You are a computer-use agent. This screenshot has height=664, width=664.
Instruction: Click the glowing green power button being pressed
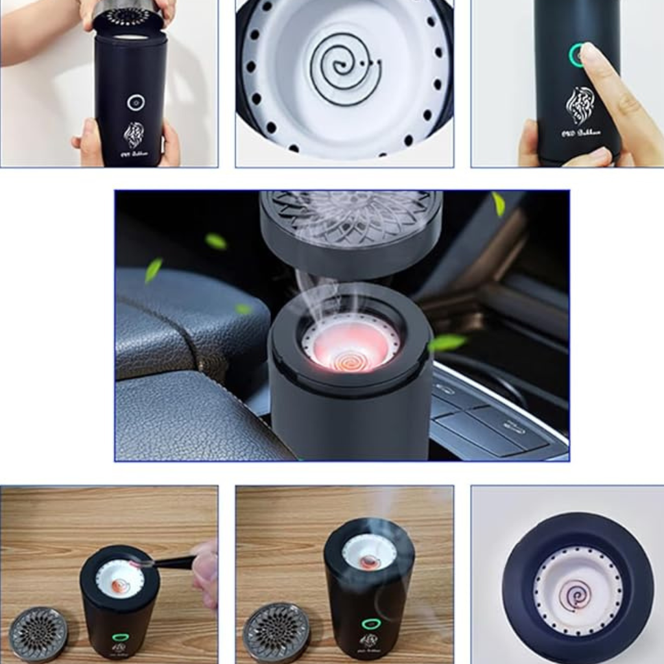click(576, 56)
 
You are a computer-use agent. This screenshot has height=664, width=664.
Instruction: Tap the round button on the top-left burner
click(136, 101)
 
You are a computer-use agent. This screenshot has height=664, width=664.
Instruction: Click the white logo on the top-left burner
click(134, 135)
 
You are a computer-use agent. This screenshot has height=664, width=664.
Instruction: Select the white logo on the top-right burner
click(580, 105)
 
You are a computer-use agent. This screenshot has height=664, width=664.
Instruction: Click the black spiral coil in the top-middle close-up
click(343, 67)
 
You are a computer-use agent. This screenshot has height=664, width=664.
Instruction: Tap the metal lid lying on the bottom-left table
click(38, 634)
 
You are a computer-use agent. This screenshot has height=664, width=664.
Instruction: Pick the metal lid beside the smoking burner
click(276, 633)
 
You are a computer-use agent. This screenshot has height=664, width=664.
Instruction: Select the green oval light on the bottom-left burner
click(120, 637)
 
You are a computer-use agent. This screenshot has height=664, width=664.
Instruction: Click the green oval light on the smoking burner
click(371, 624)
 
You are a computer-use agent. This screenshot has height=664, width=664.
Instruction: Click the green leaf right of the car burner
click(448, 342)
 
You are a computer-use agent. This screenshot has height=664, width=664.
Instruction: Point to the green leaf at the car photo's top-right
click(498, 204)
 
